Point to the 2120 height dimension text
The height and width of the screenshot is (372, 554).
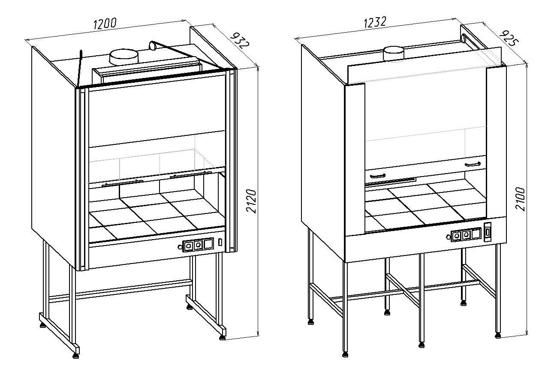252,201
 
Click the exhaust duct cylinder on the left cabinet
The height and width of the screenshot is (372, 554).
124,57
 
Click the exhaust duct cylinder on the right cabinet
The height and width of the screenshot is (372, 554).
393,53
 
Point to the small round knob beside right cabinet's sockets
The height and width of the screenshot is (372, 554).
449,237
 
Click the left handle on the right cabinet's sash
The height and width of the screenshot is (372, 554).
378,176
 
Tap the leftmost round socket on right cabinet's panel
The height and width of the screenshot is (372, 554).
456,235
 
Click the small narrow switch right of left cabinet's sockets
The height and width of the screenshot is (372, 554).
220,242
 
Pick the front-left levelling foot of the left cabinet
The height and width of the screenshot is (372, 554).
76,354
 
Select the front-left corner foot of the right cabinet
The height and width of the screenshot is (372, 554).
345,354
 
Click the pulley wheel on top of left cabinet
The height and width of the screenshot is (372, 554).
152,44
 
